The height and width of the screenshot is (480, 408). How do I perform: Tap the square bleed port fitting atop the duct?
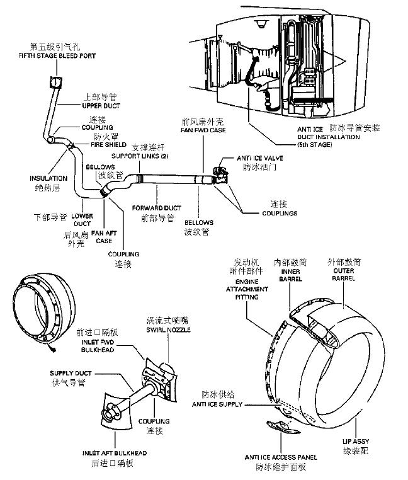[55, 81]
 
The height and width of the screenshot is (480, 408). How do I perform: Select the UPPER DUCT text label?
[101, 106]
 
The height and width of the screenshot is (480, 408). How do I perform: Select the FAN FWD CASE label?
[203, 130]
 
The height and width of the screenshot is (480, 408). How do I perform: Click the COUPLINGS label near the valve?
[280, 213]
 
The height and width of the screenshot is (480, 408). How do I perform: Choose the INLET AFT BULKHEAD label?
[115, 452]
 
